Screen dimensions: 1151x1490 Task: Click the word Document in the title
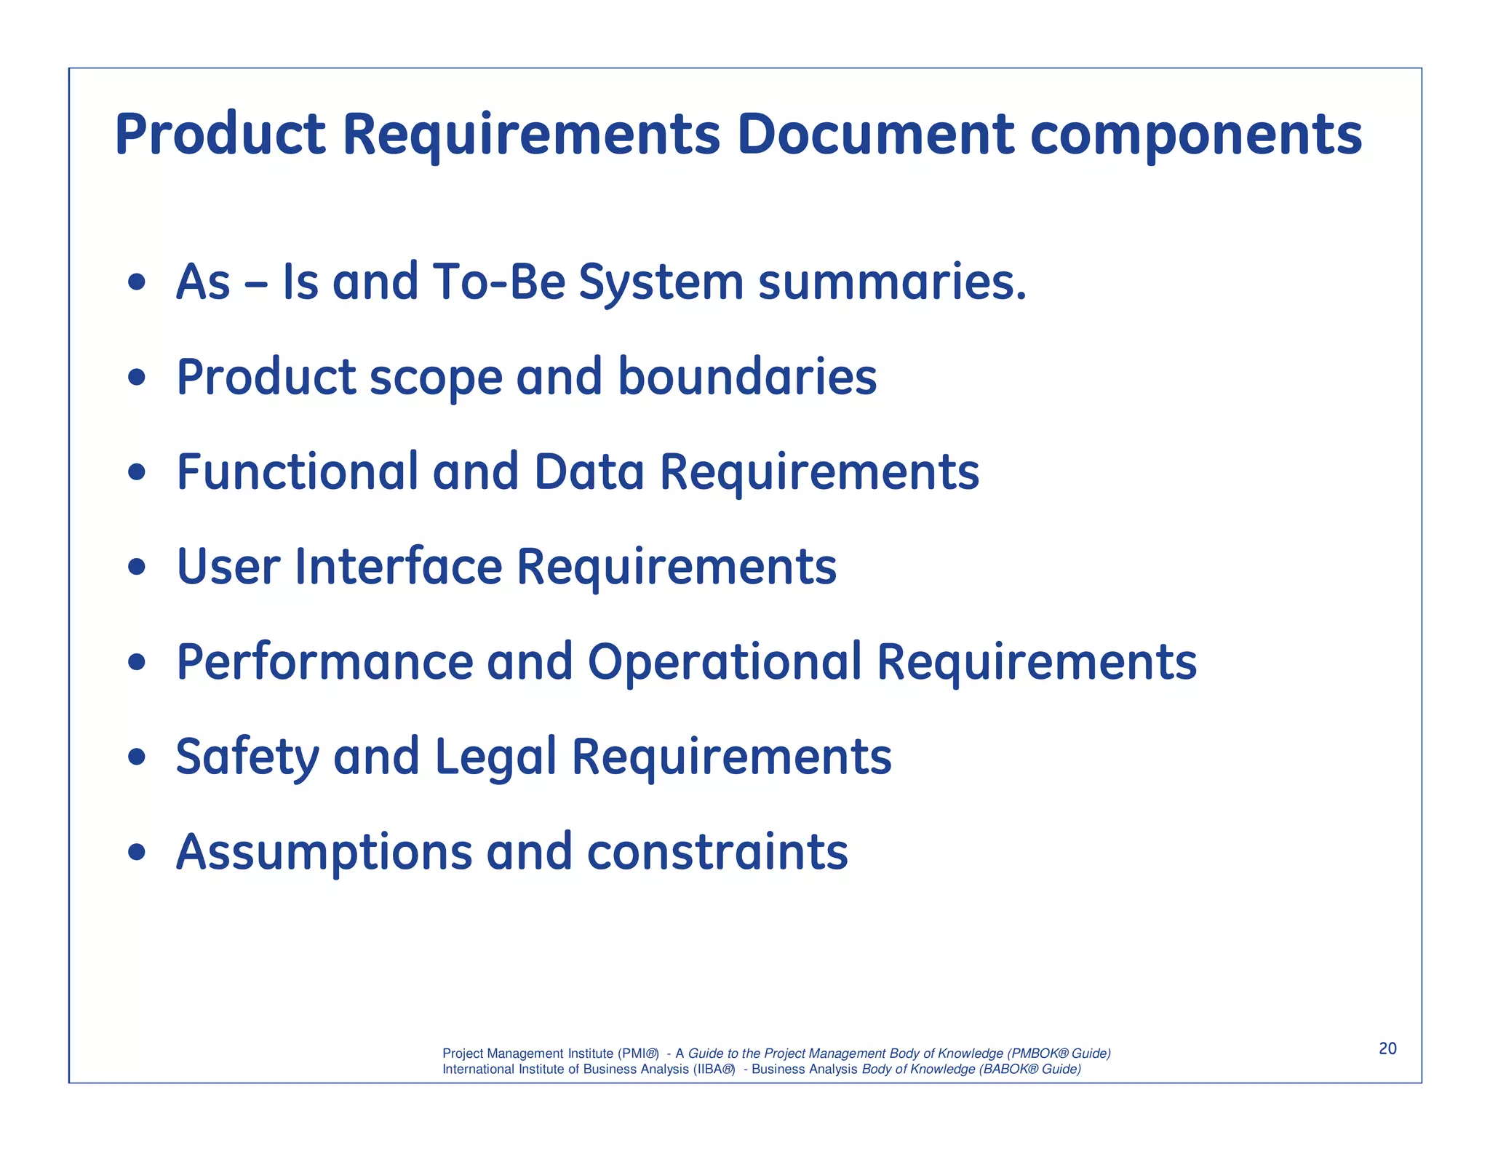pyautogui.click(x=875, y=135)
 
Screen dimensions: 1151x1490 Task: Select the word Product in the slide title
pyautogui.click(x=220, y=135)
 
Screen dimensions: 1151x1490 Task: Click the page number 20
pyautogui.click(x=1387, y=1048)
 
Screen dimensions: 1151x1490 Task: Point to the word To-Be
pyautogui.click(x=498, y=282)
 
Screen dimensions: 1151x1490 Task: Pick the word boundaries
pyautogui.click(x=747, y=377)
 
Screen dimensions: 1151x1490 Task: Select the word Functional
pyautogui.click(x=298, y=471)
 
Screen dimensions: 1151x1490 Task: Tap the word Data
pyautogui.click(x=589, y=471)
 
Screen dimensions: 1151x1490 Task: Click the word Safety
pyautogui.click(x=247, y=757)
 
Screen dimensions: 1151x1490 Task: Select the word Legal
pyautogui.click(x=495, y=757)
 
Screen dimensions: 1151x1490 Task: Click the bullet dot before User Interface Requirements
pyautogui.click(x=137, y=567)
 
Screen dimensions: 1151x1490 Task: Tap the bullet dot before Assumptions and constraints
pyautogui.click(x=137, y=853)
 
